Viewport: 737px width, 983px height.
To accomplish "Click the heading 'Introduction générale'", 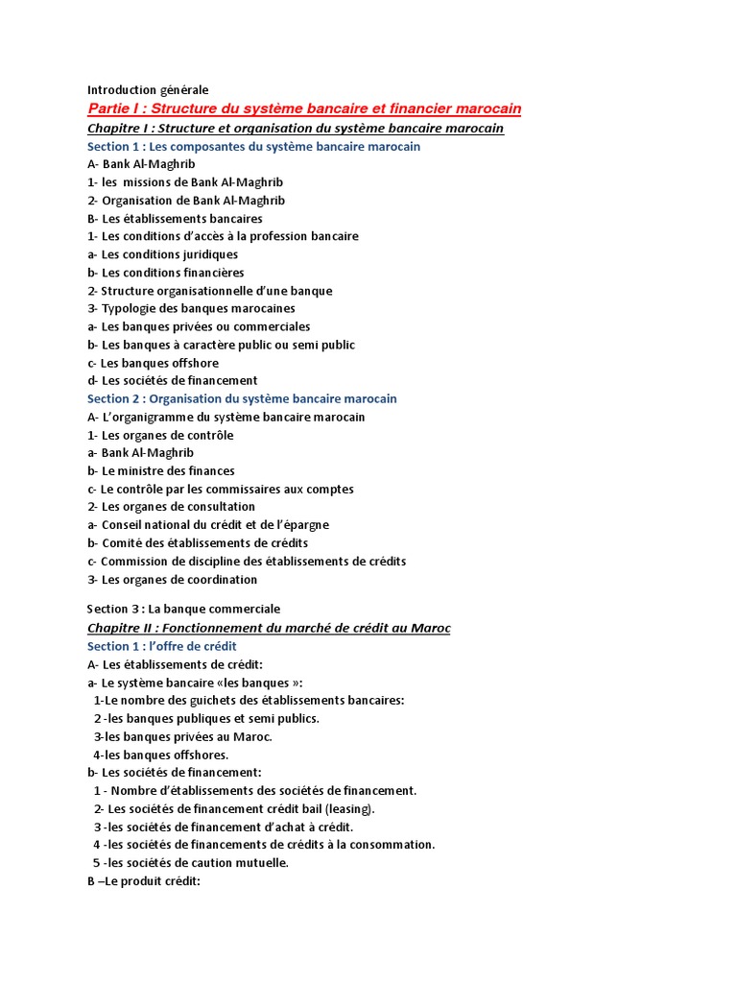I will pos(148,89).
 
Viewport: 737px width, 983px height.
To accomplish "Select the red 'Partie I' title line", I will pos(304,108).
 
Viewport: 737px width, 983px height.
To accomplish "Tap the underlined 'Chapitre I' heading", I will pos(295,128).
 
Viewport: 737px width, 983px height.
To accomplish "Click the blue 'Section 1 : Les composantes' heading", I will pos(253,146).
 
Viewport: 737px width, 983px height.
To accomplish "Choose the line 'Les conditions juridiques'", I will pos(162,254).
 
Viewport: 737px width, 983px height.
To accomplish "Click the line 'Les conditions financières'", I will pos(165,273).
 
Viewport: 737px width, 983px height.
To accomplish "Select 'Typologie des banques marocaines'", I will pos(191,308).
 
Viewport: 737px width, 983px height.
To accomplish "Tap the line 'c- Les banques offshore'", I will pos(153,363).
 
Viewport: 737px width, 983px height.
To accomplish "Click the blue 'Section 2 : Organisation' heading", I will pos(242,398).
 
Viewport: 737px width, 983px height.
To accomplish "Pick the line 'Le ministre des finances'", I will pos(160,471).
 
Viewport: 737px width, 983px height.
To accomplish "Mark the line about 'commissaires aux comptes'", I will pos(220,489).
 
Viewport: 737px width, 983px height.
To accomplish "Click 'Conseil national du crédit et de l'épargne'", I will pos(207,525).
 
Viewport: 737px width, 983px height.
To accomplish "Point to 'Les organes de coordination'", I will pos(172,580).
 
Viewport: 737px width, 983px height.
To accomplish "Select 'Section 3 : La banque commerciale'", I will pos(183,609).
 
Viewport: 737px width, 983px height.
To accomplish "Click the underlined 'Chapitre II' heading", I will pos(269,628).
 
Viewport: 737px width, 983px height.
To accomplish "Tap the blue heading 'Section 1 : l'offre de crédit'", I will pos(161,646).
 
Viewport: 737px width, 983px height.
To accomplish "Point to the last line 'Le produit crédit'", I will pos(143,881).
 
